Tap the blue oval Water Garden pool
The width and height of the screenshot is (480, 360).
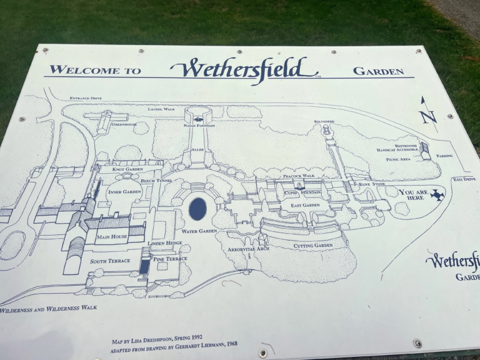click(x=197, y=208)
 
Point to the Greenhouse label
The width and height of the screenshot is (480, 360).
click(x=124, y=124)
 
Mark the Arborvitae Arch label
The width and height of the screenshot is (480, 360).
click(x=248, y=249)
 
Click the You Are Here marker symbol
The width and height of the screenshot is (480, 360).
click(x=437, y=196)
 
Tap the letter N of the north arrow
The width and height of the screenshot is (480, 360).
click(x=428, y=116)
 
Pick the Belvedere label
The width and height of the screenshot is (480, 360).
click(x=324, y=121)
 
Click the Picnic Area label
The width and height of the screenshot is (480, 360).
click(x=397, y=159)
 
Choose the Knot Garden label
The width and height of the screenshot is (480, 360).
click(x=127, y=169)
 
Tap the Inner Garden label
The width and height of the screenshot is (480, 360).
click(x=124, y=191)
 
